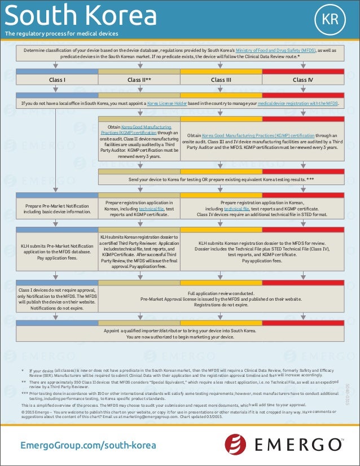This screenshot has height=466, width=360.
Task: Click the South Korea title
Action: [80, 16]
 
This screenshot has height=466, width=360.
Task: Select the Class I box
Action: [57, 80]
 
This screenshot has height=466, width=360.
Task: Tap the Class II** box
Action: [139, 80]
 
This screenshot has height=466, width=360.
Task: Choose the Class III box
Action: [221, 80]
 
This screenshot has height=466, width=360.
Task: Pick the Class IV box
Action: [303, 80]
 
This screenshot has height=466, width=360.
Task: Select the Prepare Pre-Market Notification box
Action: [57, 209]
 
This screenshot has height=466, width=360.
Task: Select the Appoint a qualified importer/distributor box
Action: [180, 333]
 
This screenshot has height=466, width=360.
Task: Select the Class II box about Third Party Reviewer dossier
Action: [139, 251]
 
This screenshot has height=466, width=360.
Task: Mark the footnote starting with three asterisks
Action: [169, 396]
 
